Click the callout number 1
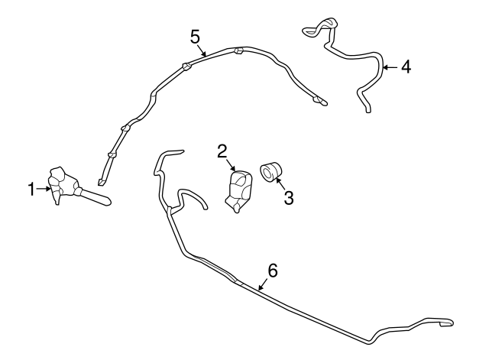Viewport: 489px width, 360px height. (x=31, y=189)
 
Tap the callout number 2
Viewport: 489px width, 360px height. (x=222, y=151)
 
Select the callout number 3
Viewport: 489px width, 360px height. (x=289, y=198)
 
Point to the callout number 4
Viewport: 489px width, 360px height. (x=406, y=67)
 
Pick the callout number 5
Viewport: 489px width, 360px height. (x=195, y=37)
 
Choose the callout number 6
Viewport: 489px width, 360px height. (x=273, y=270)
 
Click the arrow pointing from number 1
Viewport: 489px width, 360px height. (x=44, y=189)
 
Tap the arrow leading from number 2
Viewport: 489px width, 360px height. (x=231, y=165)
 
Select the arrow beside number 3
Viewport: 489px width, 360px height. (x=280, y=183)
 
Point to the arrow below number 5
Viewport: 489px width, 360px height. (x=202, y=51)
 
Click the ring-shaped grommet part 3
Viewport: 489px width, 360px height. (x=270, y=171)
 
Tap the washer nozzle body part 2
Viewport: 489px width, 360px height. (x=238, y=191)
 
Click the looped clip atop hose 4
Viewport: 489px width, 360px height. (x=320, y=27)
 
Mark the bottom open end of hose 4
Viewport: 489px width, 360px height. (x=368, y=110)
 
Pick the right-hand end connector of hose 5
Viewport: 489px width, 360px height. (x=320, y=100)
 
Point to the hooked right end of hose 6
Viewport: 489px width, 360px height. (x=446, y=323)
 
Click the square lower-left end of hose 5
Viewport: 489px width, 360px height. (x=101, y=182)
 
